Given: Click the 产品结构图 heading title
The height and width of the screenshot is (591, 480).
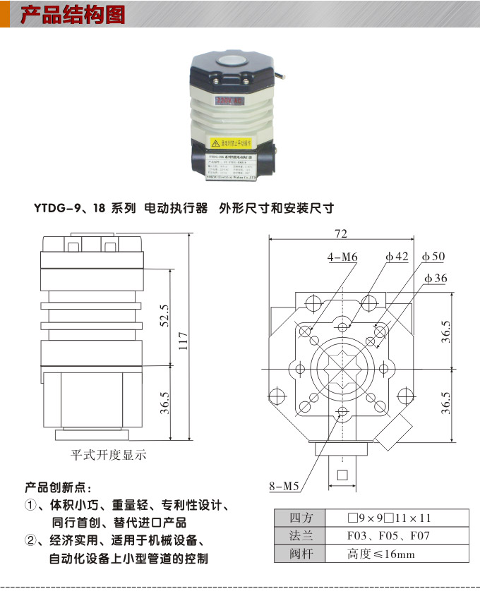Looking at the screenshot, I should pyautogui.click(x=73, y=15).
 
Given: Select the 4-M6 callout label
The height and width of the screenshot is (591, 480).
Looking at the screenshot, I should pyautogui.click(x=342, y=258).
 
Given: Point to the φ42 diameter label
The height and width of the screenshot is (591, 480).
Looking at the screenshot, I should pyautogui.click(x=397, y=257).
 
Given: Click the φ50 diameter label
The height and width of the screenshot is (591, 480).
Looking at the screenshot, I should pyautogui.click(x=433, y=257).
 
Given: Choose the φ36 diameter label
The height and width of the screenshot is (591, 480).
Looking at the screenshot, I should pyautogui.click(x=435, y=279).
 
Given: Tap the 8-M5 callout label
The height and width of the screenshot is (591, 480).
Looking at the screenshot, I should pyautogui.click(x=285, y=486).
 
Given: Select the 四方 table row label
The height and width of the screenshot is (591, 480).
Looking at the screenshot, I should pyautogui.click(x=300, y=518).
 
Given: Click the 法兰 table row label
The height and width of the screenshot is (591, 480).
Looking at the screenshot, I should pyautogui.click(x=300, y=536).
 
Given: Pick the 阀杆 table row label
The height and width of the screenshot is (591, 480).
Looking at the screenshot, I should pyautogui.click(x=300, y=554).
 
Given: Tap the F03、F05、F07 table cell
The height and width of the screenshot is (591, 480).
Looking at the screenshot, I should pyautogui.click(x=388, y=536).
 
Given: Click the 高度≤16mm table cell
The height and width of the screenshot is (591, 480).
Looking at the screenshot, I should pyautogui.click(x=381, y=554).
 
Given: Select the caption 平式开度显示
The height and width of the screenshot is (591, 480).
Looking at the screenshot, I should pyautogui.click(x=108, y=455).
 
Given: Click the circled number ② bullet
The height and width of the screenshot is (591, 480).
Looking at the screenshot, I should pyautogui.click(x=30, y=541).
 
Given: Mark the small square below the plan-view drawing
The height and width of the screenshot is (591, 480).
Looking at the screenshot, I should pyautogui.click(x=342, y=474).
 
